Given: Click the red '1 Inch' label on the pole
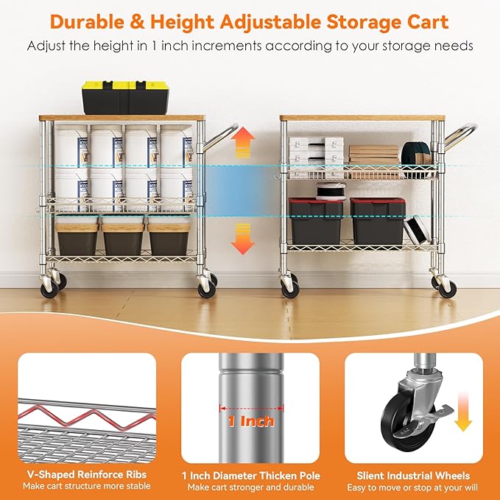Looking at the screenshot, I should pos(250,422).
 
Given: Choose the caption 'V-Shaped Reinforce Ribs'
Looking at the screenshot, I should pos(87,475).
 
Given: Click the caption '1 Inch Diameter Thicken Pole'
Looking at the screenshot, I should pos(250,475).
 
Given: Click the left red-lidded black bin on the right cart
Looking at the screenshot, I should pos(316,219).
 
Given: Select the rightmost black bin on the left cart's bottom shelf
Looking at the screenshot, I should pos(169,236).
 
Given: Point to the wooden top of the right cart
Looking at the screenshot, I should pos(362,118).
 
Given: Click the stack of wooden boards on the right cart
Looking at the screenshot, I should pos(373,154).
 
